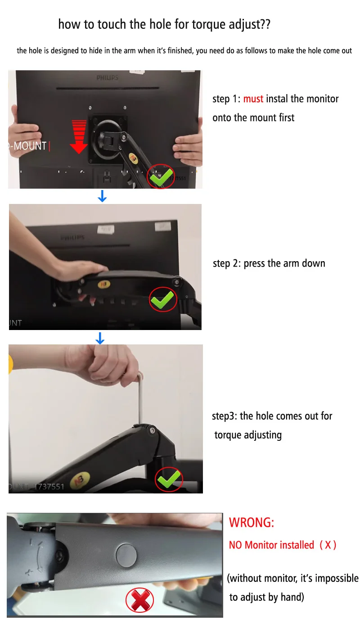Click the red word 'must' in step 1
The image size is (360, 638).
tap(253, 99)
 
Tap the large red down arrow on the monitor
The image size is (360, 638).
tap(79, 137)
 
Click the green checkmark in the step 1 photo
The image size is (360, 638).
tap(162, 177)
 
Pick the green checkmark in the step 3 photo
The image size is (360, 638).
tap(169, 479)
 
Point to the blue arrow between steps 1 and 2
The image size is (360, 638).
tap(102, 196)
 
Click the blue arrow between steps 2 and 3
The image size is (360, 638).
tap(100, 338)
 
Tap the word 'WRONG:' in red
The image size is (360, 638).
tap(252, 523)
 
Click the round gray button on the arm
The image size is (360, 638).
tap(126, 555)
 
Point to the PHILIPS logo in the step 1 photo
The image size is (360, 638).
tap(107, 78)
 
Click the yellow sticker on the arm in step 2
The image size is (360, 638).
tap(104, 284)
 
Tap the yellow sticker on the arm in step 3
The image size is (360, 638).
tap(80, 480)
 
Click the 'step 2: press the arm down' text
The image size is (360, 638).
tap(269, 263)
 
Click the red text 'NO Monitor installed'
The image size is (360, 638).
tap(271, 545)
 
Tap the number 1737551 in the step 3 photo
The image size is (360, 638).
tap(49, 486)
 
